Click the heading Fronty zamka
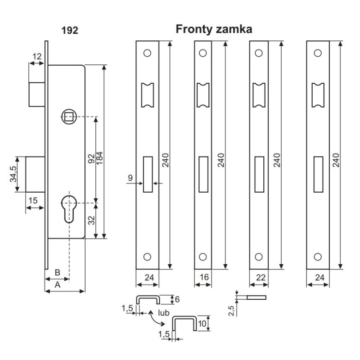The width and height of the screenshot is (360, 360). pos(214,29)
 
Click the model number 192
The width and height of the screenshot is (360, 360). pos(70,31)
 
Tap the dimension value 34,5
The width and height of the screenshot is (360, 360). pos(13,174)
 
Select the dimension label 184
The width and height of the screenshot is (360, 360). pos(99,157)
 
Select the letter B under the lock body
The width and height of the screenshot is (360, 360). pos(57,272)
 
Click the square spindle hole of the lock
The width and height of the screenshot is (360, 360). pos(68,117)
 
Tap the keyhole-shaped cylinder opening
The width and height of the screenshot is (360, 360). pos(68,207)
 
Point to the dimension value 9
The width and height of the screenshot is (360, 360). pos(130,178)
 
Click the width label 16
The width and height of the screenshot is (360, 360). pos(204,278)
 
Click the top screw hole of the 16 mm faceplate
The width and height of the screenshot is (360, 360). pos(203,53)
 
